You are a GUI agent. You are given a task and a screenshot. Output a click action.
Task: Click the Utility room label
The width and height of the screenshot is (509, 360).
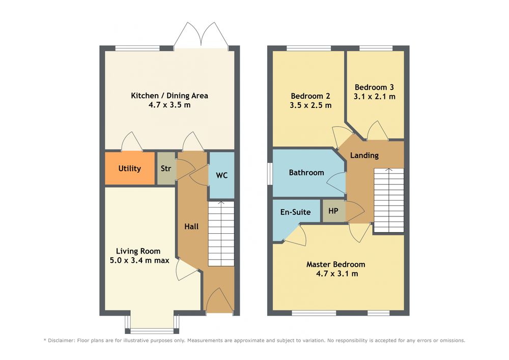pos(129,169)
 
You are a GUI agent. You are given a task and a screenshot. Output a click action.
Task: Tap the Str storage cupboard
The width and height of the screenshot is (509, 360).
pos(166,168)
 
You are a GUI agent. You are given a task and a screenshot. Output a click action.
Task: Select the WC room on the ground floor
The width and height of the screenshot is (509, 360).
pos(221,175)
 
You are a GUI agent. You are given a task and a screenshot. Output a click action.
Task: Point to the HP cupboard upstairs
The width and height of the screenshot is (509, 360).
pos(333,211)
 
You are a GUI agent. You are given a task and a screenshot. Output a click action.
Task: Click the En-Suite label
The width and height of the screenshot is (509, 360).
pos(295,212)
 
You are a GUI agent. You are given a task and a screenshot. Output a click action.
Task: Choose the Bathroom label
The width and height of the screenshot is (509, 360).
pos(306,173)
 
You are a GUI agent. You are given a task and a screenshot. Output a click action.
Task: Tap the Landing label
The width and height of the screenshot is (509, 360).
pos(364,155)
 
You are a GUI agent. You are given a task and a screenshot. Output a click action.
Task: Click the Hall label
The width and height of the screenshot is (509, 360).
pos(191,227)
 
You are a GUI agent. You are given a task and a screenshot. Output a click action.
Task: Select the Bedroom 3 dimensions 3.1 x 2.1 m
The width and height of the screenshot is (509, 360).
pos(375,96)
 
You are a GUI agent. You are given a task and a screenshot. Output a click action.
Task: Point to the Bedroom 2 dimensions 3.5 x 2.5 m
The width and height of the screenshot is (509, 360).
pos(310,105)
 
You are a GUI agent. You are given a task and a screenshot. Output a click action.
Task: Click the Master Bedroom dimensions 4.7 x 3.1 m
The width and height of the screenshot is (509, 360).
pos(337,273)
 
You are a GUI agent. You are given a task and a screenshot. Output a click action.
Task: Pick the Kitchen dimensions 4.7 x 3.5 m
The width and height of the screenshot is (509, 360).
pos(169,105)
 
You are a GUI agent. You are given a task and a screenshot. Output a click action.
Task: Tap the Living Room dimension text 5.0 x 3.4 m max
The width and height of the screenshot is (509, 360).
pos(139,260)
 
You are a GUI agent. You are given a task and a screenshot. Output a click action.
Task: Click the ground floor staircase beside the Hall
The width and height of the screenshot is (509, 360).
pos(221,234)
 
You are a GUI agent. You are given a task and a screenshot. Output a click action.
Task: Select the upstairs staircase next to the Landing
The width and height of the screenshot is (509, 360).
pos(388,200)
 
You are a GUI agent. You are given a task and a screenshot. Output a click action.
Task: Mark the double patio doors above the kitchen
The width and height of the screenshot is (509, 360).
pos(201,35)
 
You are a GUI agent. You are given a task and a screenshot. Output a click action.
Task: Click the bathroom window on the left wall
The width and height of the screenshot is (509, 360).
pos(269,174)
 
